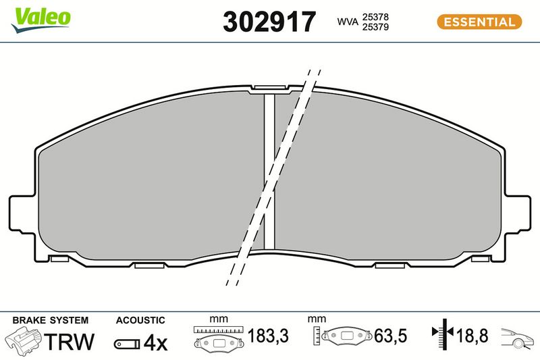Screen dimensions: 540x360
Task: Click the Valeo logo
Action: (x=40, y=20)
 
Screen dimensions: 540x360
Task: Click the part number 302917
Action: (x=269, y=22)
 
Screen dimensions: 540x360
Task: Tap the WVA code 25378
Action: (x=375, y=17)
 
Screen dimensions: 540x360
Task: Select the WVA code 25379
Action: (x=375, y=27)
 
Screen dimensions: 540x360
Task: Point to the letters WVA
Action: (x=348, y=22)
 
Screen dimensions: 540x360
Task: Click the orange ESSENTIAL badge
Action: (x=479, y=22)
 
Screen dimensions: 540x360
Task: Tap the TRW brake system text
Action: (x=70, y=341)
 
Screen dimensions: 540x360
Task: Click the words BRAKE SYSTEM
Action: (x=50, y=320)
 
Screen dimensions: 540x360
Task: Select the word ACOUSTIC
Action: (x=140, y=320)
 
